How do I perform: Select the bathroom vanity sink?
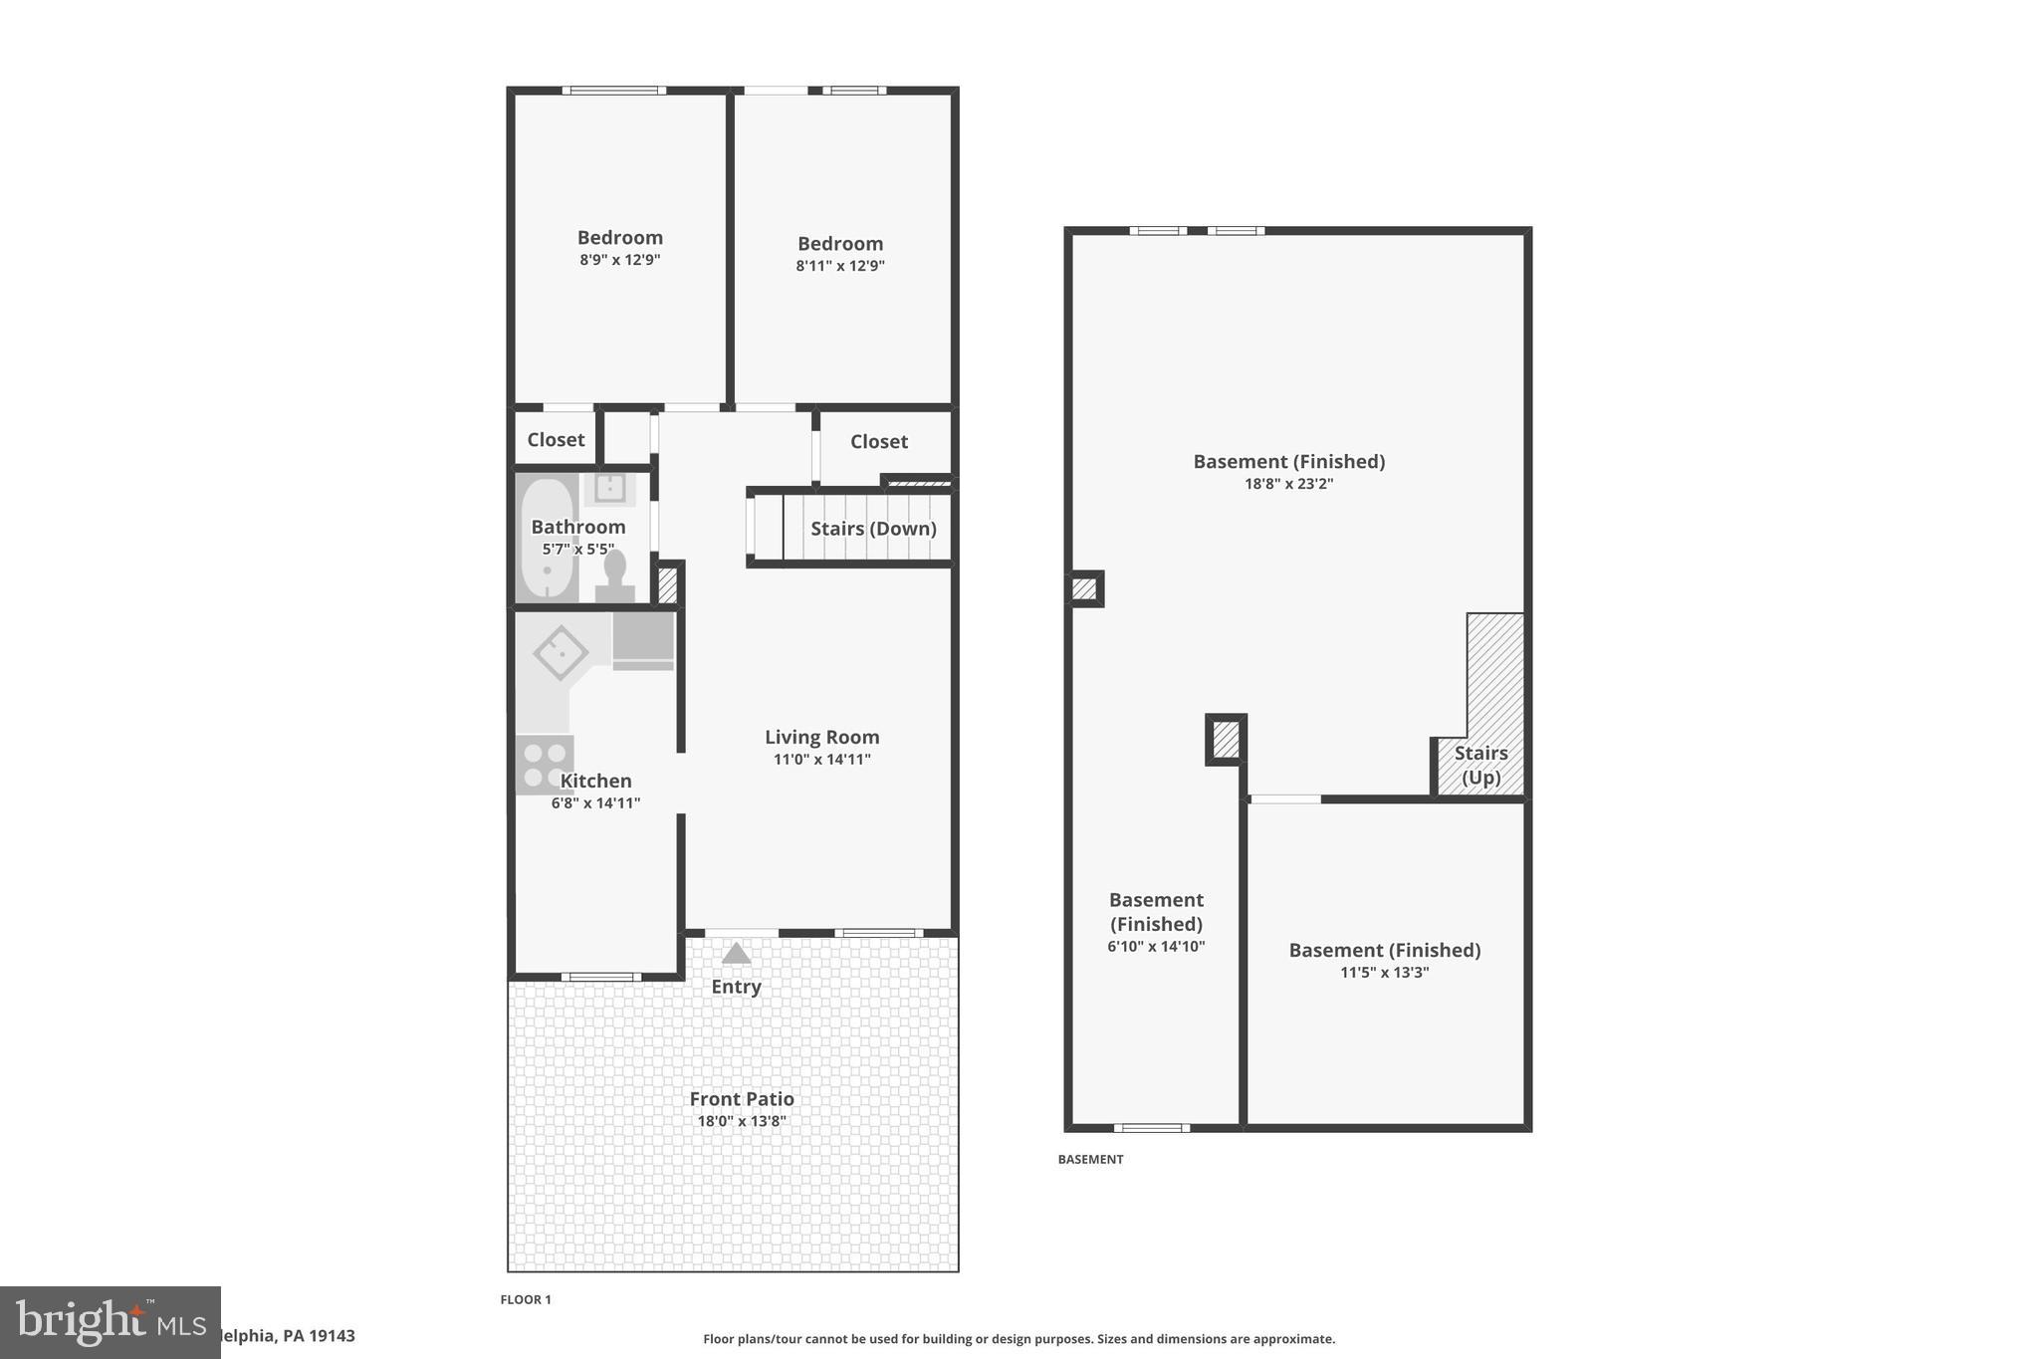pos(608,489)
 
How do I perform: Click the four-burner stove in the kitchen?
pos(545,765)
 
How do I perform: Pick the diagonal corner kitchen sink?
pos(561,652)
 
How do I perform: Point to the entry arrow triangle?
pos(736,954)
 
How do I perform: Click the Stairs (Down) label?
pos(873,529)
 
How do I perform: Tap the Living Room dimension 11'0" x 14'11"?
pos(821,760)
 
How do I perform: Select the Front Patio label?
pos(742,1099)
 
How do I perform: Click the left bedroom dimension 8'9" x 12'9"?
pos(619,260)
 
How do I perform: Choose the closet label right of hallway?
pos(878,442)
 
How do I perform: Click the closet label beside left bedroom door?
pos(556,440)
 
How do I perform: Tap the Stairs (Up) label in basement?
pos(1480,765)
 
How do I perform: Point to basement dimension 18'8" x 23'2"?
pos(1288,484)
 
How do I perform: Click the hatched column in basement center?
pos(1226,740)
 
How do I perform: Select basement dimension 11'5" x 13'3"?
pos(1384,973)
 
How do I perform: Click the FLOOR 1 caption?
pos(525,1299)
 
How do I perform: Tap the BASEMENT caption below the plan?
pos(1090,1159)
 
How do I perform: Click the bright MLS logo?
pos(110,1322)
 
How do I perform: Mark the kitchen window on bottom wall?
pos(600,977)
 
